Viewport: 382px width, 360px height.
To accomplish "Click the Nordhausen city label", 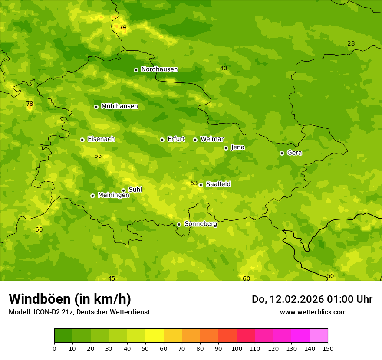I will (x=159, y=69).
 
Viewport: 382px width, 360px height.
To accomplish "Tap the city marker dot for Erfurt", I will (x=162, y=140).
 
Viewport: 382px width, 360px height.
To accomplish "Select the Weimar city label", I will (x=212, y=139).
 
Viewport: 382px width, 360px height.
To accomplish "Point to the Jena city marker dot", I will (x=226, y=148).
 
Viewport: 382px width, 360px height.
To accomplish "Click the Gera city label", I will (x=294, y=153).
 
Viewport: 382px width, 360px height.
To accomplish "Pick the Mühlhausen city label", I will (x=119, y=106).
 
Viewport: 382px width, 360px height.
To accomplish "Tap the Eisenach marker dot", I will (x=82, y=140).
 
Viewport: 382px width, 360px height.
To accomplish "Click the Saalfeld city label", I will (x=218, y=184).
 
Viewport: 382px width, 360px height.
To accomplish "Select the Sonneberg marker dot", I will (x=179, y=224).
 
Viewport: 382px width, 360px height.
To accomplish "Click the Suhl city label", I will (x=135, y=190).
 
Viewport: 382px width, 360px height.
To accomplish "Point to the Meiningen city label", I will (x=113, y=195).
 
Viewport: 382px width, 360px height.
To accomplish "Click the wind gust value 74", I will (x=123, y=27).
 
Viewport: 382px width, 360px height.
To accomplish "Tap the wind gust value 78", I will (x=30, y=104).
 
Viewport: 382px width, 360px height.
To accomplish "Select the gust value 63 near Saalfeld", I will (x=194, y=183).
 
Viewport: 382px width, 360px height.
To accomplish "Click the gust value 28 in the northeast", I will (x=351, y=43).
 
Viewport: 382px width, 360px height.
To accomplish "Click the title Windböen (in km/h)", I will (x=70, y=299).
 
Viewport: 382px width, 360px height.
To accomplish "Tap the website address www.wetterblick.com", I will (x=313, y=312).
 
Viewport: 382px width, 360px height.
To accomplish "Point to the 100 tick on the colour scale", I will (x=237, y=348).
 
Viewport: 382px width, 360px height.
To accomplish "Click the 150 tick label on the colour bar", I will (x=328, y=348).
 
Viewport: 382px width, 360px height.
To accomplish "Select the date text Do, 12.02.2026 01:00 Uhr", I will (x=312, y=299).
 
